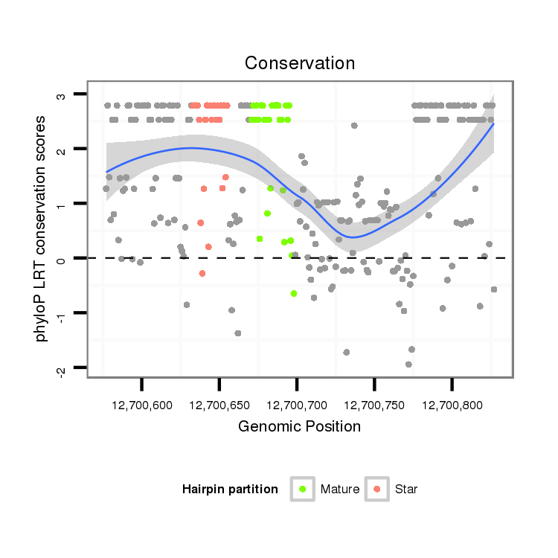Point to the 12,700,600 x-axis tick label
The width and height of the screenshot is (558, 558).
pyautogui.click(x=141, y=405)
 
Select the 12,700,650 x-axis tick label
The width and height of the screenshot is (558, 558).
pyautogui.click(x=219, y=405)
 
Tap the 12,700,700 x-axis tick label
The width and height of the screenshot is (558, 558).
pyautogui.click(x=296, y=405)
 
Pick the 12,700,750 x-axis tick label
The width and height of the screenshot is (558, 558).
pyautogui.click(x=373, y=405)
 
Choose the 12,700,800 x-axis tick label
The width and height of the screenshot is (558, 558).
pyautogui.click(x=452, y=405)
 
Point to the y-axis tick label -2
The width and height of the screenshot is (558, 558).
pyautogui.click(x=62, y=370)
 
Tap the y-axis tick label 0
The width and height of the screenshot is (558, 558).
pyautogui.click(x=62, y=258)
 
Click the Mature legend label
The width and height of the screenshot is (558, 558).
pyautogui.click(x=340, y=490)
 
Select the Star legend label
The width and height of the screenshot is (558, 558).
pyautogui.click(x=406, y=490)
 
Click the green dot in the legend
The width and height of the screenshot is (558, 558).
pyautogui.click(x=303, y=489)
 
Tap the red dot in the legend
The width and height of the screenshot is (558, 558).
pyautogui.click(x=377, y=489)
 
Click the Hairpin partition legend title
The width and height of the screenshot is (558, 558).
pyautogui.click(x=230, y=490)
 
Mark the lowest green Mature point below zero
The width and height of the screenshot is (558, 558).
pyautogui.click(x=294, y=293)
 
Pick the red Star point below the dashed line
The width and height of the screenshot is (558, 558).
pyautogui.click(x=202, y=274)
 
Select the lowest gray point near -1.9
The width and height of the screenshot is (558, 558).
pyautogui.click(x=408, y=364)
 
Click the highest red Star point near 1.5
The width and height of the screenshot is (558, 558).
pyautogui.click(x=225, y=177)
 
